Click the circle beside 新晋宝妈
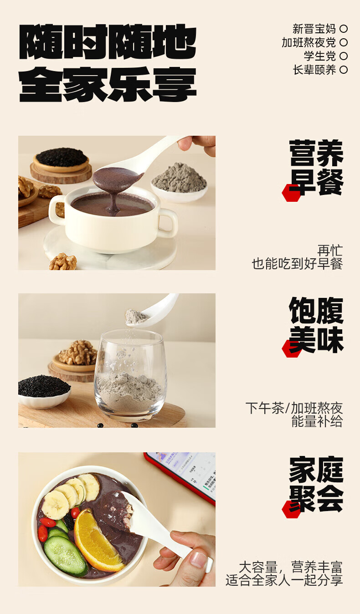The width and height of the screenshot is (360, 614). point(344,29)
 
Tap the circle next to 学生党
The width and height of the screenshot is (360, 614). point(344,56)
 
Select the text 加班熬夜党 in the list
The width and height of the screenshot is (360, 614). point(309,42)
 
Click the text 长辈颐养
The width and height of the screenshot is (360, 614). point(314,70)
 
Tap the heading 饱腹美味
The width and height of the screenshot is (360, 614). point(316,325)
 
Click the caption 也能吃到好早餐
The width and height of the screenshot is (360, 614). point(297,264)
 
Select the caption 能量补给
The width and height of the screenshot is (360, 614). point(317,421)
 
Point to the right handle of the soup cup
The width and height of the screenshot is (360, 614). point(168,223)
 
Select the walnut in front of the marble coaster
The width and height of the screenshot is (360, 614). point(63,262)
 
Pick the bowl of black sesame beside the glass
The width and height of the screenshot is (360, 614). point(44,391)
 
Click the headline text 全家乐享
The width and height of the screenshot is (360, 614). point(108,84)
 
